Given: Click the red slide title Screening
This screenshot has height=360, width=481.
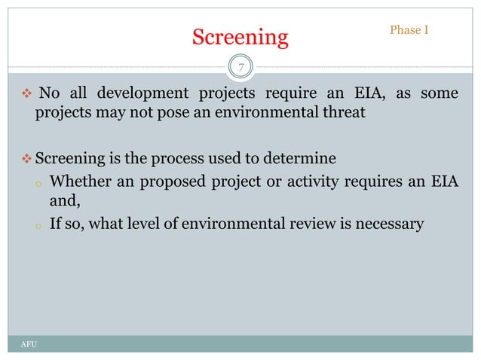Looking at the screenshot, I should click(x=240, y=37).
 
